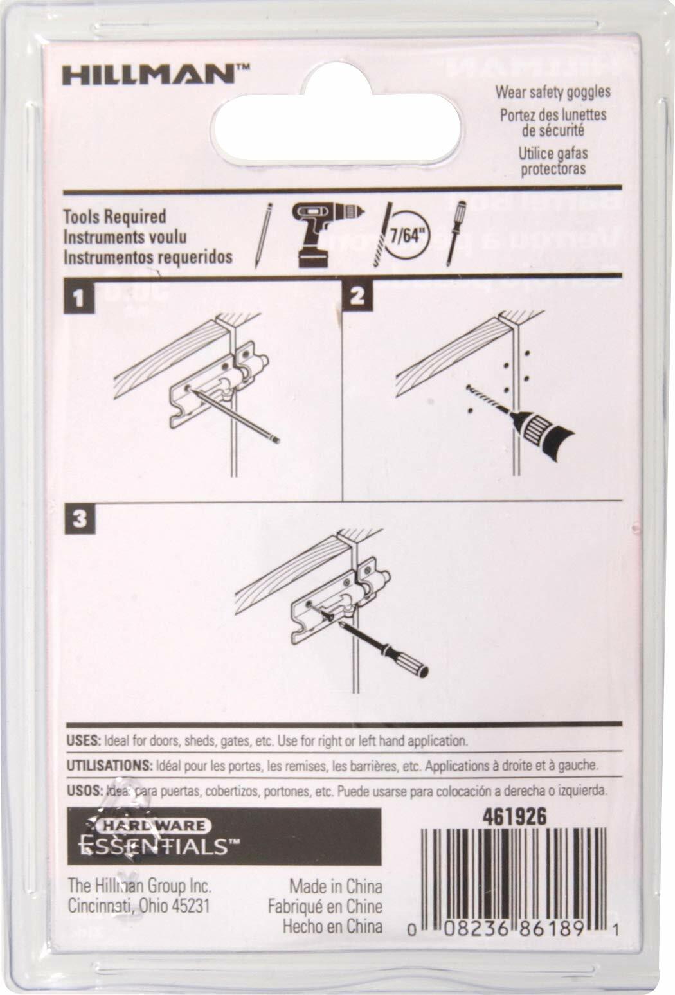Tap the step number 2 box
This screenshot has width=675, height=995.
[x=357, y=296]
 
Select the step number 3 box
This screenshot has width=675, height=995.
[x=79, y=519]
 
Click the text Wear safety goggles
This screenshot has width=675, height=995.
[x=552, y=92]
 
